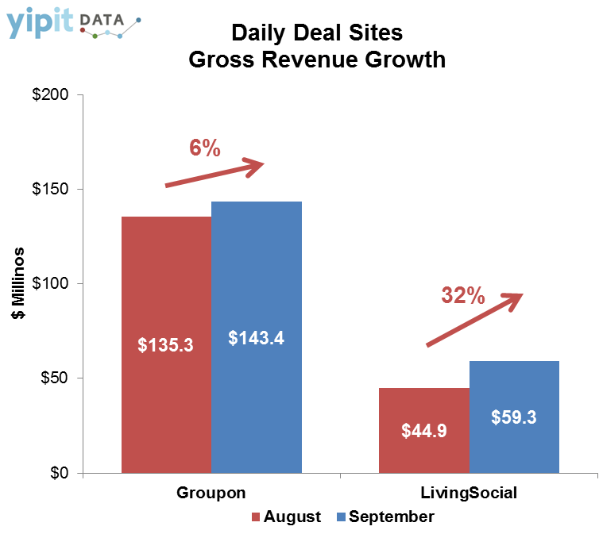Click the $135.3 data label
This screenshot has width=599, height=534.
pyautogui.click(x=165, y=345)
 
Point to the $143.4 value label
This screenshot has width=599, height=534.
pyautogui.click(x=256, y=337)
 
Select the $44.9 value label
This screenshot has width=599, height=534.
pyautogui.click(x=424, y=432)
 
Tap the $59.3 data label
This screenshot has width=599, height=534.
pyautogui.click(x=514, y=417)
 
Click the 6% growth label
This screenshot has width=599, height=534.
pyautogui.click(x=204, y=148)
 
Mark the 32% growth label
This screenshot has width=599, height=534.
pyautogui.click(x=462, y=296)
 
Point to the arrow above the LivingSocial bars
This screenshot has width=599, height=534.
pyautogui.click(x=475, y=319)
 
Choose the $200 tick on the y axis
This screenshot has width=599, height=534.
pyautogui.click(x=51, y=95)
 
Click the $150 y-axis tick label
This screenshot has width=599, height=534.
pyautogui.click(x=51, y=190)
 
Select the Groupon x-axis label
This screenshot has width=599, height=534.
pyautogui.click(x=211, y=493)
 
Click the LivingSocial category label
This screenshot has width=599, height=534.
pyautogui.click(x=469, y=493)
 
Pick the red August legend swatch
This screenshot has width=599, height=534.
pyautogui.click(x=257, y=517)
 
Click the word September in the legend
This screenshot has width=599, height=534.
pyautogui.click(x=392, y=517)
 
